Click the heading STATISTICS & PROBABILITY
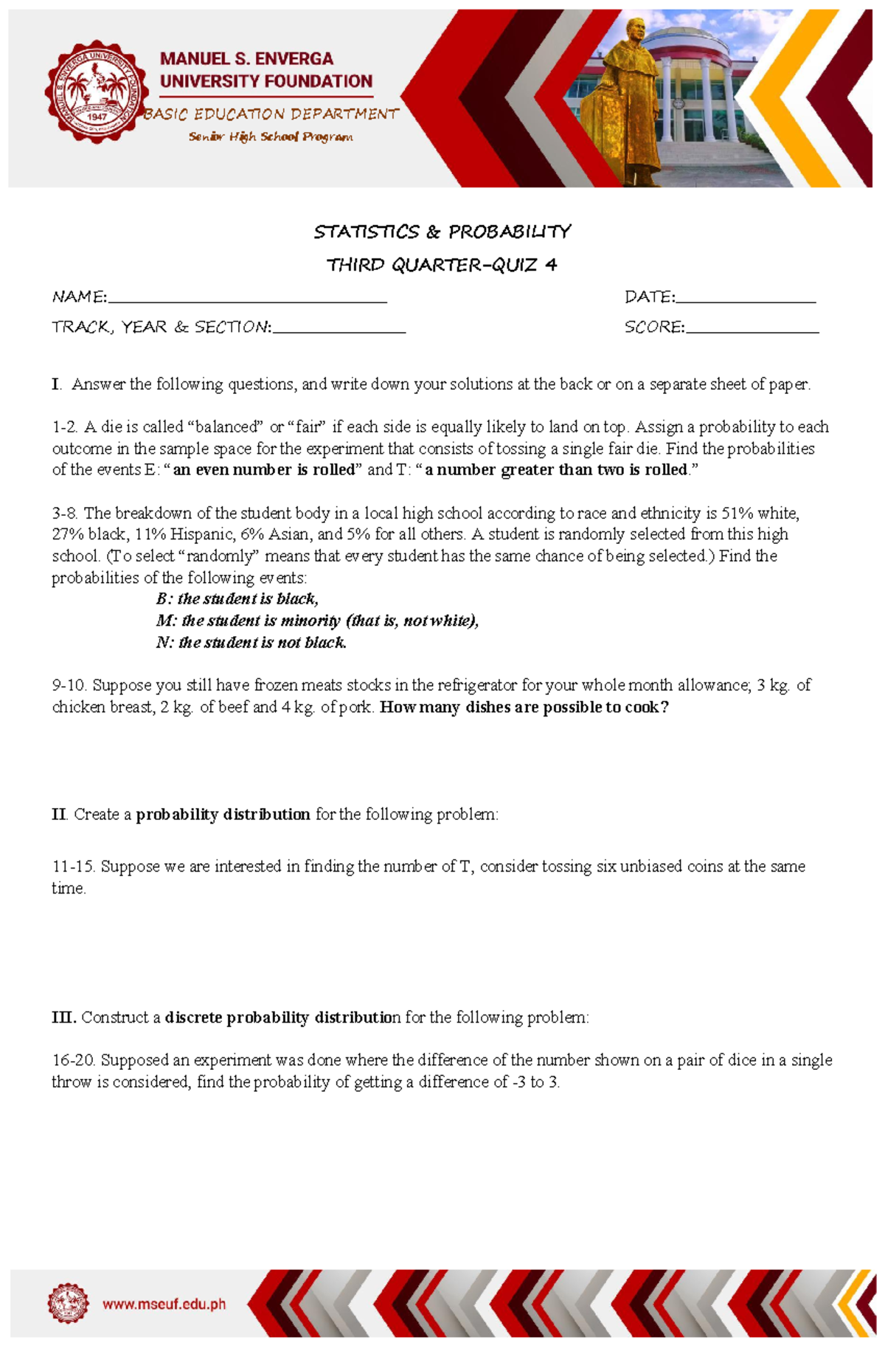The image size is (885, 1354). pos(442,232)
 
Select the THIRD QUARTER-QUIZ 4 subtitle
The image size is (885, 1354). pos(442,265)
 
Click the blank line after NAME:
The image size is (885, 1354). pos(247,299)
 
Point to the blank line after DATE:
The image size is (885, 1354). pos(746,299)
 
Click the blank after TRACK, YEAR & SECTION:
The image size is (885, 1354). pos(339,329)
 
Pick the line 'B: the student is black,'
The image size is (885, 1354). pos(237,598)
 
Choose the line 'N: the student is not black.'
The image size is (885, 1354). pos(251,642)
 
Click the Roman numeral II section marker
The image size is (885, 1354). pos(59,815)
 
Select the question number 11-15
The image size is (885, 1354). pos(73,866)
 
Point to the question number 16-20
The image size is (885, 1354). pos(73,1060)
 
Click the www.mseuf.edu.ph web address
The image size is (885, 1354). pos(164,1305)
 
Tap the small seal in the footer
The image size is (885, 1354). pos(68,1303)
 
